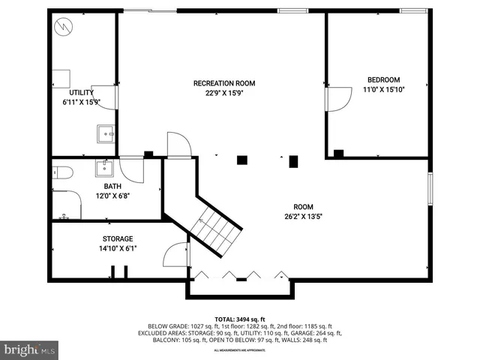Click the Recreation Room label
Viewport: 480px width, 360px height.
point(224,82)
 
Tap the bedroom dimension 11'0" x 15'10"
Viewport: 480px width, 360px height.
point(382,90)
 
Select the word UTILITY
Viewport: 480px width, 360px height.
point(81,93)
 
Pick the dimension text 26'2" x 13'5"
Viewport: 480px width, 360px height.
point(303,217)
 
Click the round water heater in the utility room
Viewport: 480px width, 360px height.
point(65,28)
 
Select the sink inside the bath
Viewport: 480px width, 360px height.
point(103,166)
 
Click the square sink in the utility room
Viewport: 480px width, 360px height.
point(106,134)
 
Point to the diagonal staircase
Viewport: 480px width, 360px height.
point(214,225)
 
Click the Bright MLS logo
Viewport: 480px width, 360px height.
point(30,349)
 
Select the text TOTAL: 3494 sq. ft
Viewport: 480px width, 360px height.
point(240,319)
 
